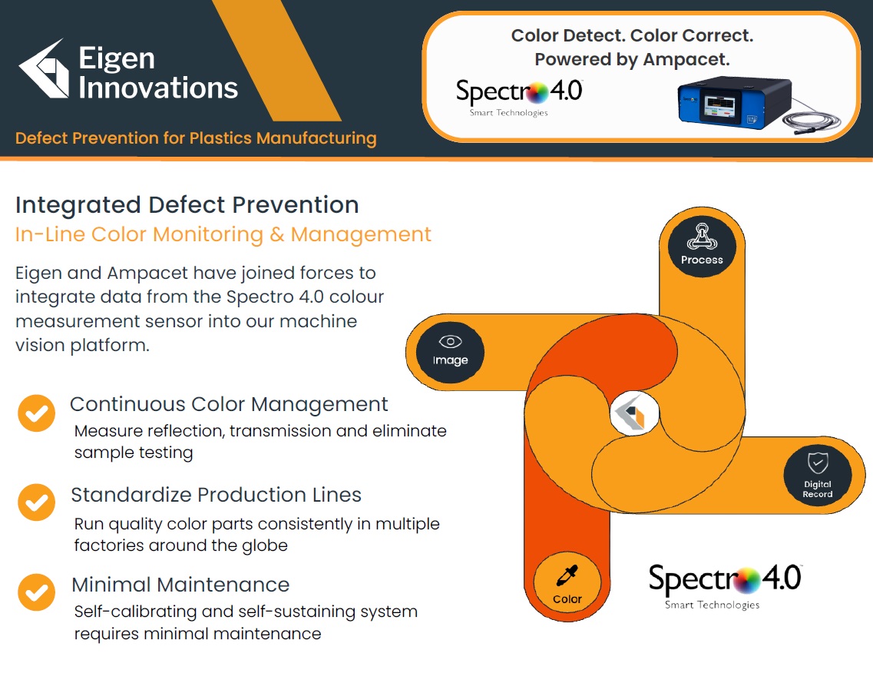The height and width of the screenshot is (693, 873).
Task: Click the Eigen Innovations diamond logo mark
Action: [44, 69]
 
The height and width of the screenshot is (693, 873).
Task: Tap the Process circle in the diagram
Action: [702, 246]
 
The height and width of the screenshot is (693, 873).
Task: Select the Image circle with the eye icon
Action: [450, 352]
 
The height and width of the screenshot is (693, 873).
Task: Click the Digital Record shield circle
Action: [817, 475]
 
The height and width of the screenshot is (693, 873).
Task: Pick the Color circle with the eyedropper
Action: [567, 582]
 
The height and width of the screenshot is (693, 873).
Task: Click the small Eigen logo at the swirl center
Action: [634, 413]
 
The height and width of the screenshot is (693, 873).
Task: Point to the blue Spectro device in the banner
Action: [734, 101]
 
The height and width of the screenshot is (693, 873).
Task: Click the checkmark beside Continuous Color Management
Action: [36, 413]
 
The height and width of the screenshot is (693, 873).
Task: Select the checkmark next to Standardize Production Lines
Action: [36, 502]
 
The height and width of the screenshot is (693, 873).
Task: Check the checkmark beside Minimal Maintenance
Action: [36, 592]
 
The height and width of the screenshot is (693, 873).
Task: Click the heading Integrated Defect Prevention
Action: [187, 205]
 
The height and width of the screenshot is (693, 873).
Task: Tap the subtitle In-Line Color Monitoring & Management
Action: [223, 234]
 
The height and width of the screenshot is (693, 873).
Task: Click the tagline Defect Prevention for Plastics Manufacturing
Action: [196, 138]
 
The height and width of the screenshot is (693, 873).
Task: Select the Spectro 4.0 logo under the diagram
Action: [725, 587]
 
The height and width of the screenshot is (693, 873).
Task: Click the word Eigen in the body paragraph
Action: [38, 274]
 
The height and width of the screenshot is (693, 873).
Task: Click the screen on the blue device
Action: [719, 105]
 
